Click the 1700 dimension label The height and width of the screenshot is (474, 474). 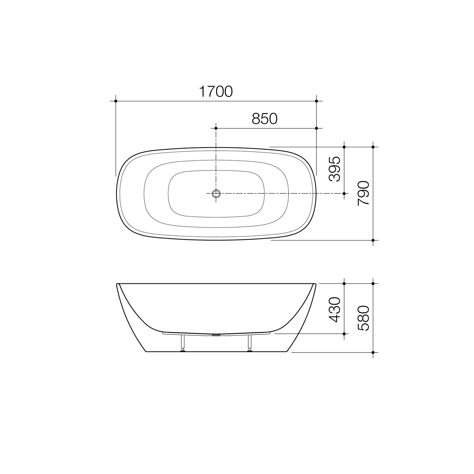coord(216,92)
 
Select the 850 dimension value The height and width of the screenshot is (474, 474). coord(265,119)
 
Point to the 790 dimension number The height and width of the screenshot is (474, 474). coord(363,194)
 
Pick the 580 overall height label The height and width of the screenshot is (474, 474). coord(363,318)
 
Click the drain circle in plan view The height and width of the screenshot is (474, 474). coord(216,193)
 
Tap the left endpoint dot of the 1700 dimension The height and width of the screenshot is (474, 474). coord(116,101)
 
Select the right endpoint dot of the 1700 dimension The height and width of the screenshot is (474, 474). coord(316,101)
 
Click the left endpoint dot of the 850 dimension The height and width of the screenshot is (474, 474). coord(216,128)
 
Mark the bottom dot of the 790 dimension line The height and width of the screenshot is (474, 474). coord(373,240)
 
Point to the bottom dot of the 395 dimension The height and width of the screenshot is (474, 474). coord(344,193)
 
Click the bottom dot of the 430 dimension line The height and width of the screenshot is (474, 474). coord(344,334)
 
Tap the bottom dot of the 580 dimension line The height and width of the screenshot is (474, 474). coord(373,352)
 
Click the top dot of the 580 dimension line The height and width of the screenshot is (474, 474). coord(373,283)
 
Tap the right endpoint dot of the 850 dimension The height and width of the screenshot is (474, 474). coord(316,128)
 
